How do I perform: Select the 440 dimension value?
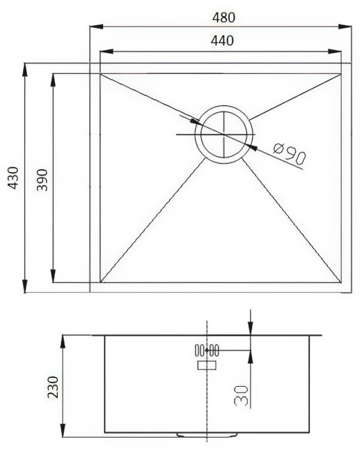[221, 40]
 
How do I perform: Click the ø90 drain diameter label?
[290, 153]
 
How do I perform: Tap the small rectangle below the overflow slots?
[207, 364]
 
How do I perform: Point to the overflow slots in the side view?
[207, 351]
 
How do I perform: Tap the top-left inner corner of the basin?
[101, 74]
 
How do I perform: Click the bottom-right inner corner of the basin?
[341, 282]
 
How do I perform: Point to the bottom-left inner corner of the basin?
[101, 282]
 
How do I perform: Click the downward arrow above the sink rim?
[251, 328]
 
